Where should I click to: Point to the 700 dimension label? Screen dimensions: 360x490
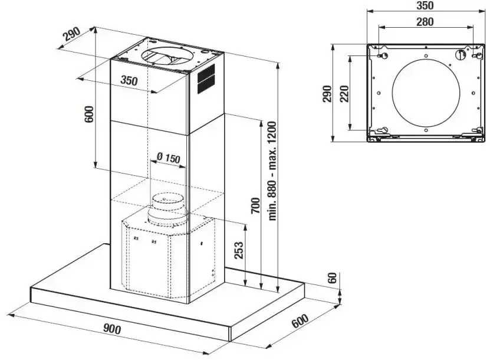tap(254, 204)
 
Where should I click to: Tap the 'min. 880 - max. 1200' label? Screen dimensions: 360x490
tap(272, 171)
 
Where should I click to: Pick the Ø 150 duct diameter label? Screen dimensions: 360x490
tap(168, 158)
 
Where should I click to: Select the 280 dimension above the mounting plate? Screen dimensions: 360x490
tap(425, 22)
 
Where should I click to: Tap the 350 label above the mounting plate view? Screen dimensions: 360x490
tap(425, 6)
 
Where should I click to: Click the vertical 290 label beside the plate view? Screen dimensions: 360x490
tap(328, 94)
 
